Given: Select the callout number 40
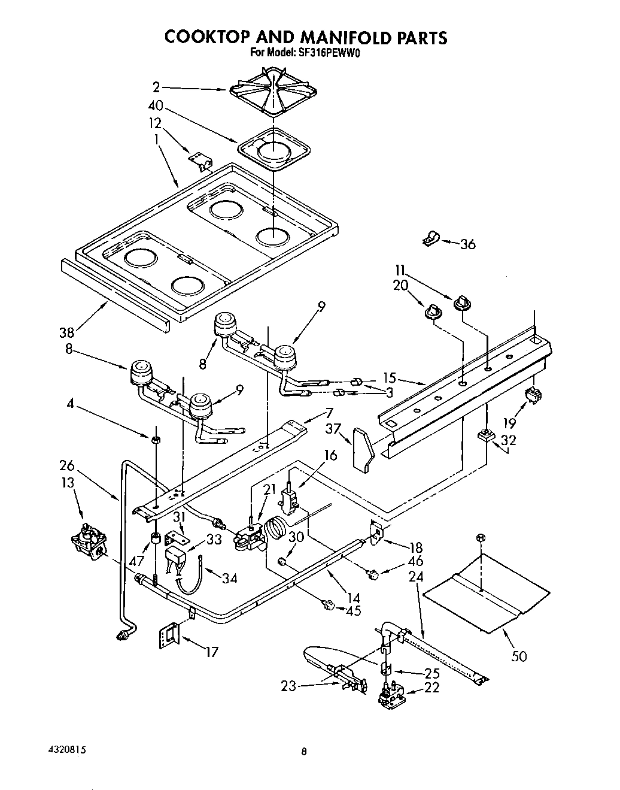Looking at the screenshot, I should pos(155,107).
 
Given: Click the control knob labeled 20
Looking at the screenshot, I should pos(433,311).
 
